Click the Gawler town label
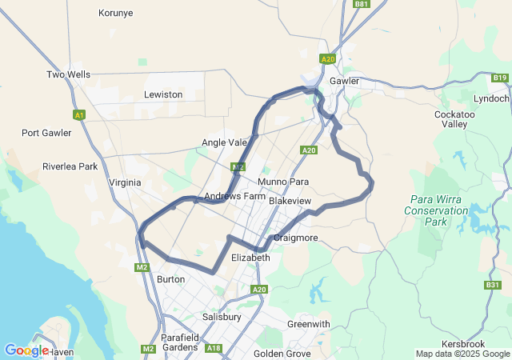click(x=366, y=82)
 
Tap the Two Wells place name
click(x=67, y=74)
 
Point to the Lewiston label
click(x=163, y=94)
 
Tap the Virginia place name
click(x=125, y=182)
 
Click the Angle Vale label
click(x=224, y=142)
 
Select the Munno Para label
click(x=283, y=182)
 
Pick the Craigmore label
click(x=296, y=238)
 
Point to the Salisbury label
click(x=222, y=317)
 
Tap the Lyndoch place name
click(x=491, y=98)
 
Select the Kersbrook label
click(x=462, y=344)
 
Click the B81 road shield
click(x=362, y=4)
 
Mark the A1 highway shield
click(x=79, y=115)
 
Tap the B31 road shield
click(x=492, y=285)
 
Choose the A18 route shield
click(x=213, y=348)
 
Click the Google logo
click(x=26, y=350)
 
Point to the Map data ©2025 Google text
click(x=463, y=354)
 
